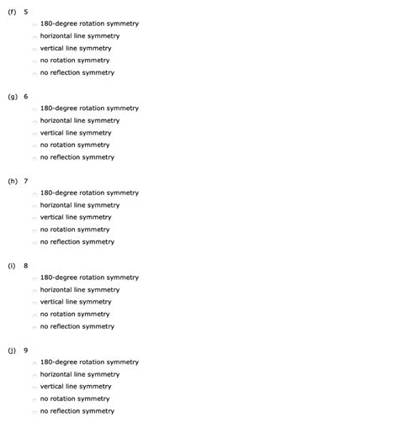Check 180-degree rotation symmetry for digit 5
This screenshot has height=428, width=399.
coord(35,24)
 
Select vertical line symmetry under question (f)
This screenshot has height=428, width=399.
coord(35,49)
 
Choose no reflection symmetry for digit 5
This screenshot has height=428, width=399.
coord(35,73)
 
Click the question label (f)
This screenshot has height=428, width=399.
coord(12,12)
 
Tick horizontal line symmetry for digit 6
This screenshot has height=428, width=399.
coord(35,121)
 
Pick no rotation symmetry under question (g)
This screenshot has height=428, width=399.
coord(35,145)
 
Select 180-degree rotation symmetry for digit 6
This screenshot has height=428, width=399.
coord(35,109)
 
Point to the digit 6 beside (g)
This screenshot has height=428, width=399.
coord(25,97)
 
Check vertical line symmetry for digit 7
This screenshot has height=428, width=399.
coord(35,218)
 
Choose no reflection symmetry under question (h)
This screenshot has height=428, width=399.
coord(35,242)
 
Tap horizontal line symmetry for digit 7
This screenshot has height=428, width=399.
coord(35,206)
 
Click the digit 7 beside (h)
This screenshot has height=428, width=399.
coord(25,181)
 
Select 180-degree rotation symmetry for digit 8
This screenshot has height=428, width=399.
coord(35,278)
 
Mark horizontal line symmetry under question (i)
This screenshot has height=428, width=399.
coord(35,290)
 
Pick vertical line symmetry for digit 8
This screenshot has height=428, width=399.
coord(35,303)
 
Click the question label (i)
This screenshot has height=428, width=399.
coord(12,266)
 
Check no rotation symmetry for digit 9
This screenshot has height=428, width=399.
coord(35,399)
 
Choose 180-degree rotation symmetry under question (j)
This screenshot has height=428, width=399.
coord(35,363)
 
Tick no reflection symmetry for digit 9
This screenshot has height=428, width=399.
coord(35,412)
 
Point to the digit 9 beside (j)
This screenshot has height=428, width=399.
coord(25,350)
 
